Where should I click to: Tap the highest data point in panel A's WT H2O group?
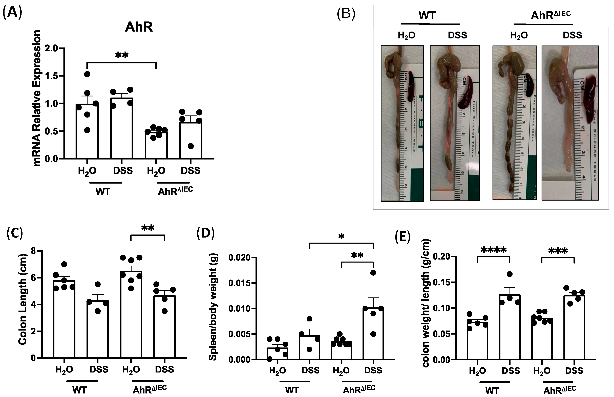pyautogui.click(x=87, y=74)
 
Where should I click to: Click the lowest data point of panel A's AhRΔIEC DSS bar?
pyautogui.click(x=191, y=146)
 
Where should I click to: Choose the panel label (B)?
pyautogui.click(x=346, y=14)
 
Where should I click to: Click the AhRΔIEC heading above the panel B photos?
pyautogui.click(x=550, y=15)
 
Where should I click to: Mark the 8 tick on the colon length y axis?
pyautogui.click(x=33, y=251)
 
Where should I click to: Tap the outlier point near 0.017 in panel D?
pyautogui.click(x=373, y=273)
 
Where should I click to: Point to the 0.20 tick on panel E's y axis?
pyautogui.click(x=441, y=257)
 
